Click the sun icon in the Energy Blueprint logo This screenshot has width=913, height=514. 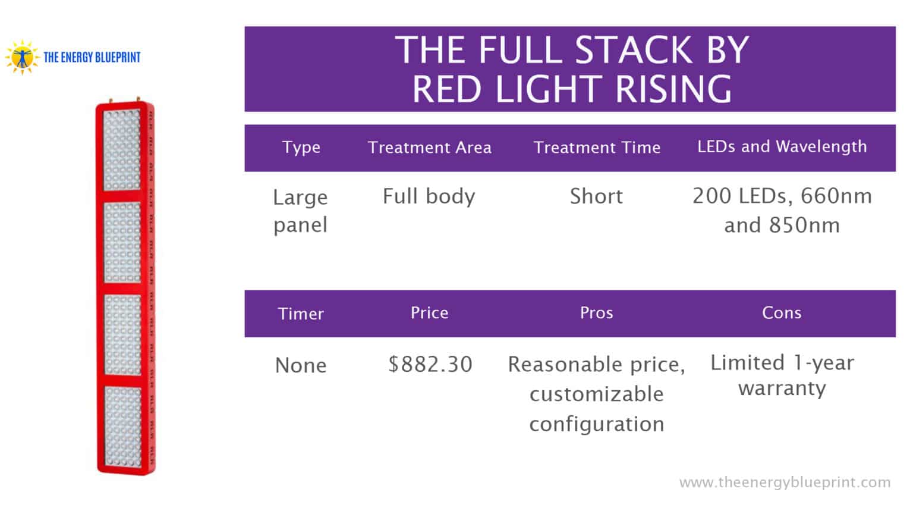[22, 57]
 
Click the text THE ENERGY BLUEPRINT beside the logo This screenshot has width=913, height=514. [92, 58]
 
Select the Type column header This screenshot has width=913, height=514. [301, 148]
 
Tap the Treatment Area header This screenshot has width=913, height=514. [429, 148]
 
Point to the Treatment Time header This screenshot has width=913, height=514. [597, 148]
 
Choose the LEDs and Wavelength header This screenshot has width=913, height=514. [782, 146]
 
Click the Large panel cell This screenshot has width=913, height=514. [300, 211]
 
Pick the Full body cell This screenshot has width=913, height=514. [429, 196]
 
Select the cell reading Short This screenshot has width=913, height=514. [596, 196]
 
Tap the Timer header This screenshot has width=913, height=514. [301, 314]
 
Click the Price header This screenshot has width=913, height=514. [429, 313]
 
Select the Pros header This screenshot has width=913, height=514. [596, 313]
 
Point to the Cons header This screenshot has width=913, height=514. [782, 313]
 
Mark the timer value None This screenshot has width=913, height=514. [301, 365]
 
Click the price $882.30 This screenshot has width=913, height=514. [430, 364]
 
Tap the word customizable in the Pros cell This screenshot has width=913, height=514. [596, 394]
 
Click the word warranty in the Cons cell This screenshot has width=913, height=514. [782, 388]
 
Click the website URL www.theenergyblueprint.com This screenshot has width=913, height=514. [785, 482]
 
